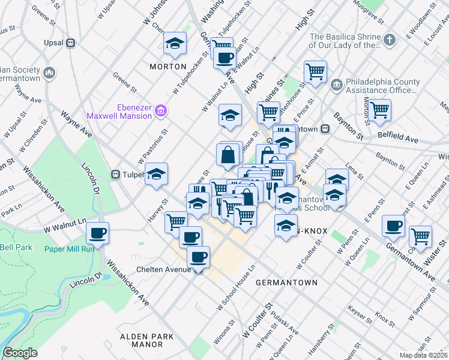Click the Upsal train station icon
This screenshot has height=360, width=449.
[x=71, y=43]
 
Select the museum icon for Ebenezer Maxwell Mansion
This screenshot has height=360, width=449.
[x=160, y=110]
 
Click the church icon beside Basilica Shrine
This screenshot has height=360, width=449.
[x=390, y=40]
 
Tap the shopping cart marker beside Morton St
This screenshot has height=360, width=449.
[x=379, y=110]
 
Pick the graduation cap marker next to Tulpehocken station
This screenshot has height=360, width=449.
[x=157, y=174]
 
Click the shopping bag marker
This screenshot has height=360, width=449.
[x=229, y=155]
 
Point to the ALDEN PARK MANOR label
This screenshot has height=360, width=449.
[x=141, y=340]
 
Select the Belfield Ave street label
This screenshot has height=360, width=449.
[x=397, y=139]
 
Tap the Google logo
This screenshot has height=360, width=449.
[x=20, y=353]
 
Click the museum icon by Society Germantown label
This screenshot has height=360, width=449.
[x=49, y=74]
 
